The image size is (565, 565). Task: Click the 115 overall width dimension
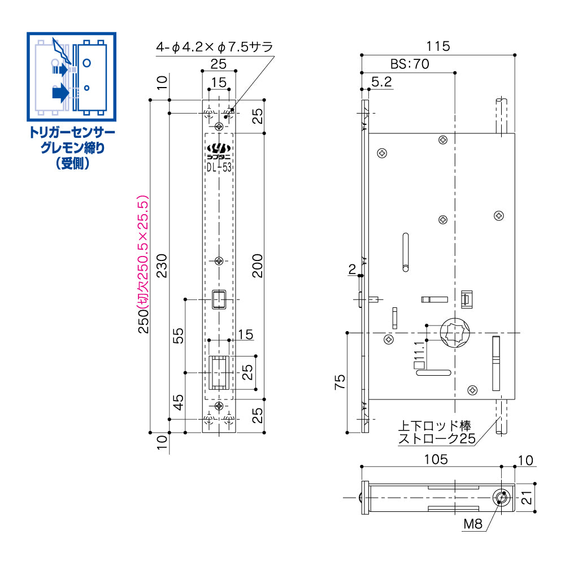point(438,47)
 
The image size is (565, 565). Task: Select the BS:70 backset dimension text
point(410,64)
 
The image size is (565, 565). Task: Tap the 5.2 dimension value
point(382,82)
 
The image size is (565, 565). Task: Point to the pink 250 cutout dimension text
point(144,266)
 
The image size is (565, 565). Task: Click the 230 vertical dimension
point(162,266)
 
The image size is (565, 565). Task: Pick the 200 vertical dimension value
point(258,266)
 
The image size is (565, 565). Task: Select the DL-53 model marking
point(219,167)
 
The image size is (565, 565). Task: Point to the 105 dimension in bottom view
point(436,459)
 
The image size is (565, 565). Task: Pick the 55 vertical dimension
point(179,336)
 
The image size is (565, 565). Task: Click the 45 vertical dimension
point(179,402)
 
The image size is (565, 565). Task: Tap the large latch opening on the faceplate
point(219,373)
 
